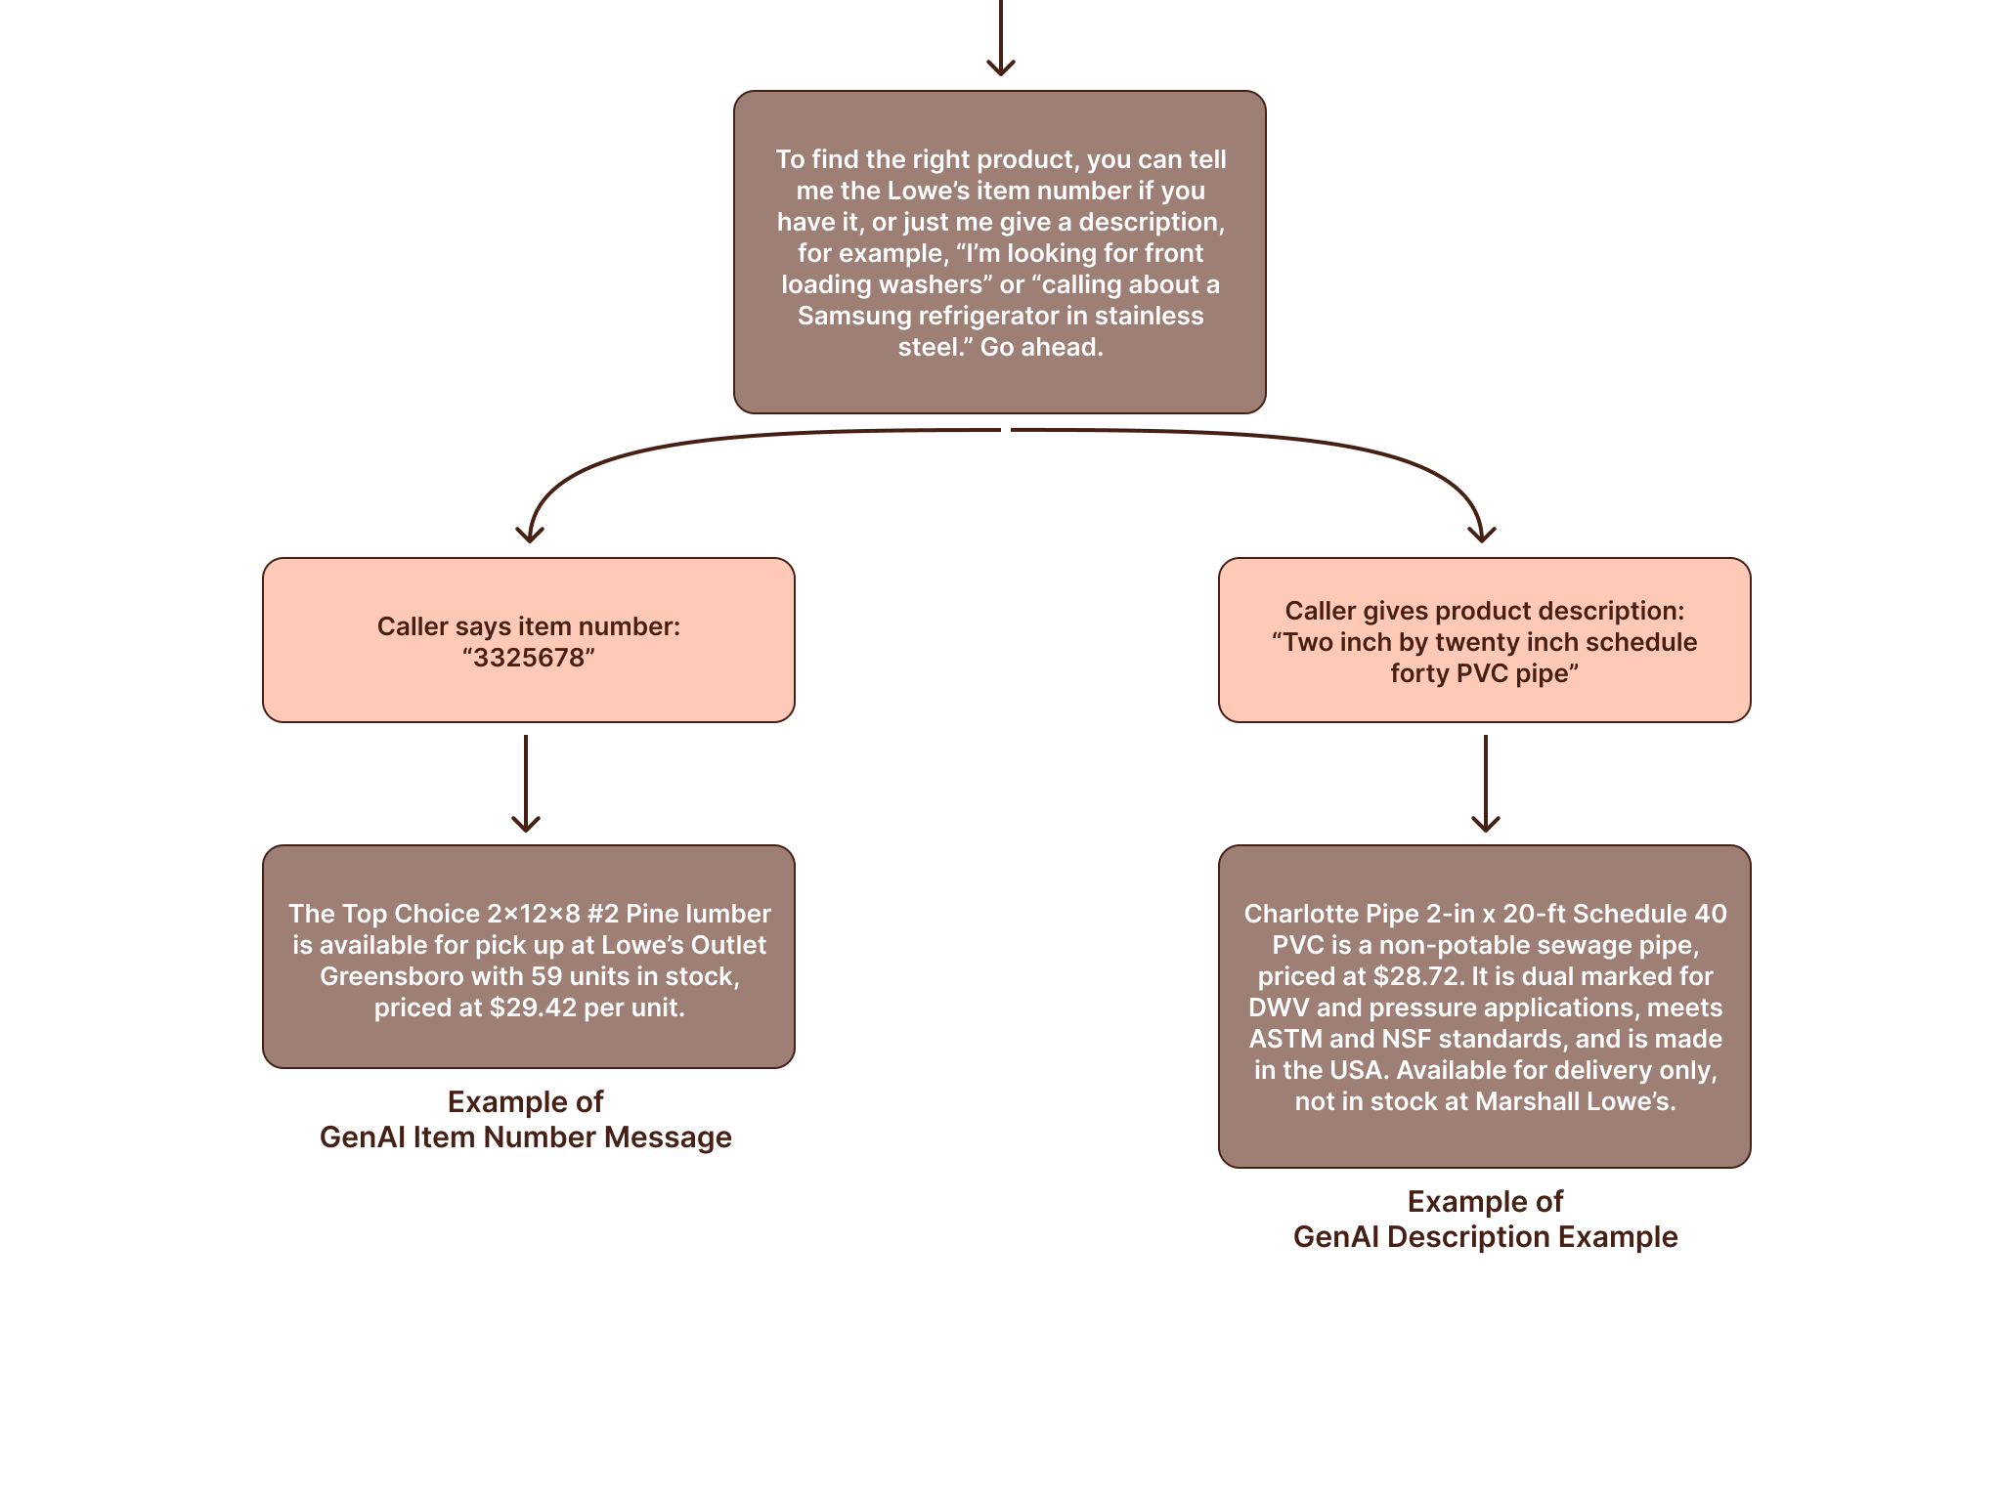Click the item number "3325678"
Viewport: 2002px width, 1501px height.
click(x=528, y=658)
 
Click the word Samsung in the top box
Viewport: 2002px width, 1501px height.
click(x=846, y=316)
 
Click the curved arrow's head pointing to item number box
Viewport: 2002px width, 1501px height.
click(x=530, y=532)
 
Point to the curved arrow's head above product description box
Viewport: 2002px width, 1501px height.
click(x=1482, y=532)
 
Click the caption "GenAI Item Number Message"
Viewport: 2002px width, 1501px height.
click(x=526, y=1137)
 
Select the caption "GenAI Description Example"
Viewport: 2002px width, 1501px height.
click(x=1485, y=1237)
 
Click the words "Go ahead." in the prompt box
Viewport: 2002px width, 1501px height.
click(x=1041, y=347)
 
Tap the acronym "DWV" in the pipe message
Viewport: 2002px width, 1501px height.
click(x=1279, y=1008)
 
